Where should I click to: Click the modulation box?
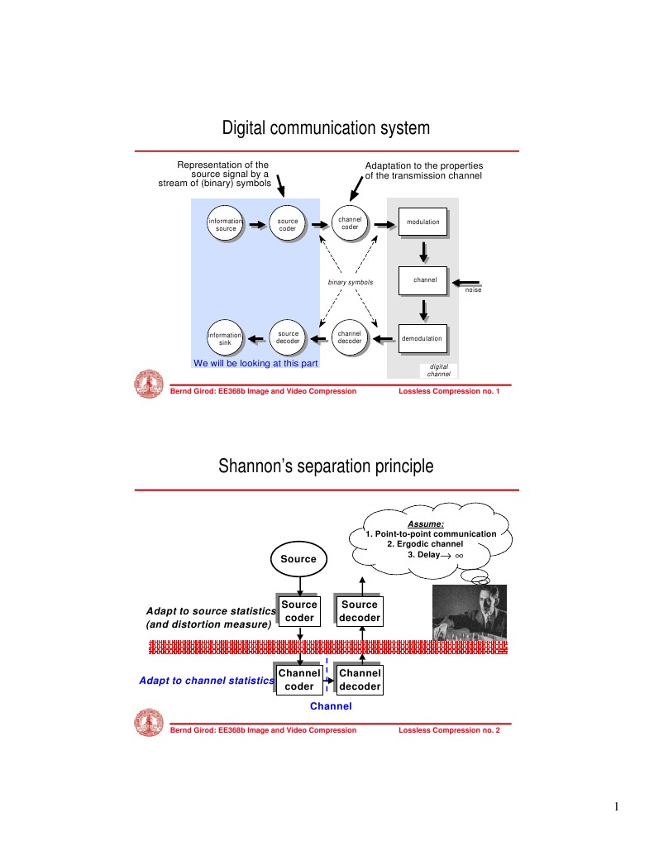click(x=422, y=222)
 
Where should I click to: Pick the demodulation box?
click(x=422, y=338)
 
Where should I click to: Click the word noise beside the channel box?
click(x=473, y=290)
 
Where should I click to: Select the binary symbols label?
click(x=350, y=283)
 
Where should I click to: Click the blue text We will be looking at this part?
click(x=255, y=362)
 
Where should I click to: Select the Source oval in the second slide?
click(x=298, y=559)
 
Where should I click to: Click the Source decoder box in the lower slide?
click(x=360, y=611)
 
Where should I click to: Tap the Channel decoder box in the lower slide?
click(x=360, y=680)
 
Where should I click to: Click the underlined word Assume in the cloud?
click(x=426, y=523)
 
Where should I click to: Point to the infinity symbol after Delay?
click(x=470, y=556)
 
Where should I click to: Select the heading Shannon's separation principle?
click(x=326, y=466)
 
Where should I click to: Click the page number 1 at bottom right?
click(x=617, y=807)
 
